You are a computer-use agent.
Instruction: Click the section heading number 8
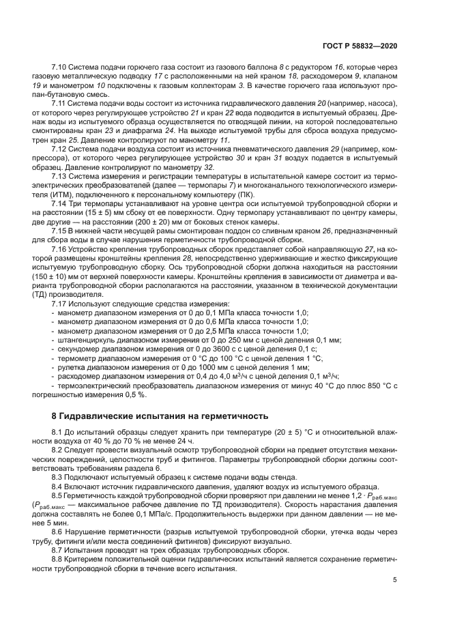55,416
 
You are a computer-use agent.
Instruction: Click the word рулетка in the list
73,366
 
